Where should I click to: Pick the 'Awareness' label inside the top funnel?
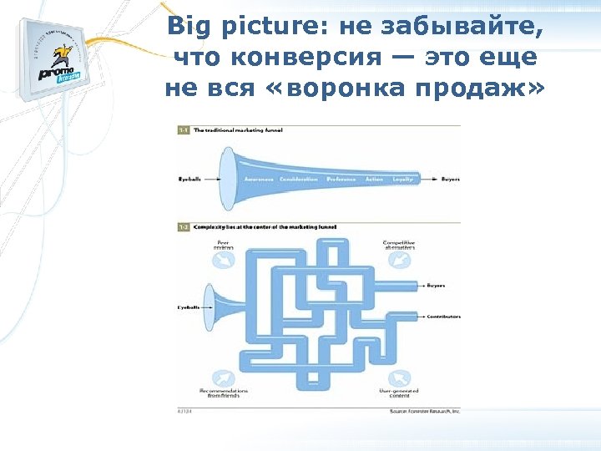pyautogui.click(x=260, y=180)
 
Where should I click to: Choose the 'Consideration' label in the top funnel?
pyautogui.click(x=298, y=180)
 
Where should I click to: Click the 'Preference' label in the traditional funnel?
pyautogui.click(x=341, y=180)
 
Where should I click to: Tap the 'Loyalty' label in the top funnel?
pyautogui.click(x=402, y=180)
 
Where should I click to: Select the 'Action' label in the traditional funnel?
pyautogui.click(x=374, y=180)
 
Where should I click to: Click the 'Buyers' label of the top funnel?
pyautogui.click(x=451, y=180)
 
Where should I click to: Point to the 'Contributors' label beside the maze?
pyautogui.click(x=443, y=317)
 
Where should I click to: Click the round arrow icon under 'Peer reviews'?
pyautogui.click(x=223, y=260)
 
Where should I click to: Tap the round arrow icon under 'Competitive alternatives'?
pyautogui.click(x=399, y=260)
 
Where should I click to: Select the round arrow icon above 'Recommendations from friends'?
pyautogui.click(x=223, y=378)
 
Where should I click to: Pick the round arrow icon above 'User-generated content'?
pyautogui.click(x=399, y=378)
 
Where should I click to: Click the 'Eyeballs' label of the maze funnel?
pyautogui.click(x=189, y=307)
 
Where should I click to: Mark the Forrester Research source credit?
pyautogui.click(x=424, y=410)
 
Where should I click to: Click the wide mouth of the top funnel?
pyautogui.click(x=226, y=178)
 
